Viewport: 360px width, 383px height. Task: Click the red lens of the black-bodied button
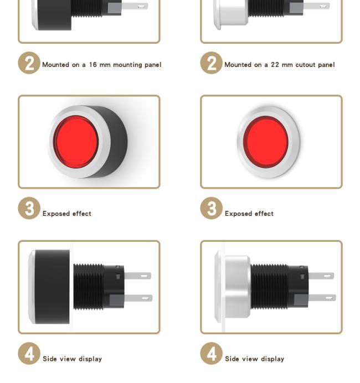pos(76,142)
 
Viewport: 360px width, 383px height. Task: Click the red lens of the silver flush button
pos(266,142)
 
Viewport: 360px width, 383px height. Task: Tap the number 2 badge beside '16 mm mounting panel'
pos(29,63)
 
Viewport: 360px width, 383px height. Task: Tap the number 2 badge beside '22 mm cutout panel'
pos(212,63)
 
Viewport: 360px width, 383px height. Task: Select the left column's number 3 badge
pos(29,208)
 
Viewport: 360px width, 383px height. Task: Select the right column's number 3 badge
pos(212,208)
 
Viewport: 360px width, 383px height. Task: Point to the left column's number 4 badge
pos(29,354)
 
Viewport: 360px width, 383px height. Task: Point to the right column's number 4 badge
pos(212,354)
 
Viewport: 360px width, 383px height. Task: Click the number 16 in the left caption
pos(93,65)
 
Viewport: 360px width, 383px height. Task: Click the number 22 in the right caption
pos(275,65)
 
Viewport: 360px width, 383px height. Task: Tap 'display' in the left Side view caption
pos(90,359)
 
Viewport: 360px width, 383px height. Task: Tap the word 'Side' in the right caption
pos(232,359)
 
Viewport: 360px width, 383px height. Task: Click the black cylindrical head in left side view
pos(52,287)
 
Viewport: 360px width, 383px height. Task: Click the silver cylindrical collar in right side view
pos(237,287)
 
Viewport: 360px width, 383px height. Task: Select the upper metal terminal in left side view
pos(137,276)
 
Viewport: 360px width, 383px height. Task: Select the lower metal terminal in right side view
pos(322,298)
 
